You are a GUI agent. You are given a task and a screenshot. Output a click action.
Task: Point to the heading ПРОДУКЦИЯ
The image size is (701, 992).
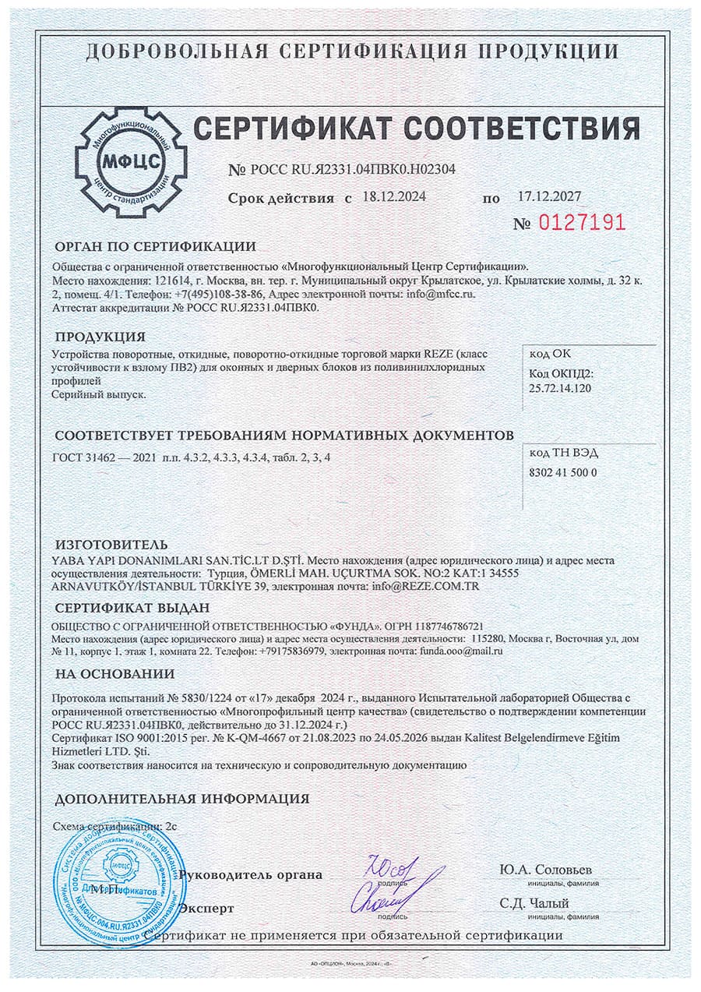point(100,337)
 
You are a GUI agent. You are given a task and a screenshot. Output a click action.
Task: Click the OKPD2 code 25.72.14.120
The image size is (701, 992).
point(560,387)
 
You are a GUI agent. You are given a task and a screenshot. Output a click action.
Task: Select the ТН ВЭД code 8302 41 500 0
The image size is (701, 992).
point(563,472)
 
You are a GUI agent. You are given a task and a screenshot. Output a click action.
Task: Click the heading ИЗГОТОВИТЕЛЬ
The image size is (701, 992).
point(111,544)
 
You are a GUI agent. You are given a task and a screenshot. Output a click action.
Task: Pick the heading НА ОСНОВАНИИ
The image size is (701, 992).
point(114,674)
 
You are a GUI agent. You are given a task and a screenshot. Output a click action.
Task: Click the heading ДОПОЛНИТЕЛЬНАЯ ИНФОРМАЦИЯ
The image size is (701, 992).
point(181,799)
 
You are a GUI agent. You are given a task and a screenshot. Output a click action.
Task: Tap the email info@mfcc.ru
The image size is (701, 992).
point(441,295)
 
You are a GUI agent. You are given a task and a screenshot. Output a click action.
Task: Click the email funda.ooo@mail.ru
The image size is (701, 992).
point(461,650)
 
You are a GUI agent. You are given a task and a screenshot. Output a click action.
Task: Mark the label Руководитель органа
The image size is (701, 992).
point(251,874)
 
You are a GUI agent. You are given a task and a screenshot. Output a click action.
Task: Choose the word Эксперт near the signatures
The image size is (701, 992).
point(206,908)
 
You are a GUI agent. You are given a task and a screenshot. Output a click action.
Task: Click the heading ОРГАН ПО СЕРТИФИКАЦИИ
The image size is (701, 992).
point(154,247)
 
